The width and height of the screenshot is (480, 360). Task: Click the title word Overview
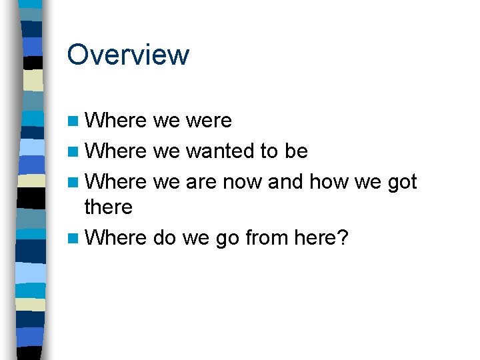128,55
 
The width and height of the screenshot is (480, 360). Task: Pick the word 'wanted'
220,151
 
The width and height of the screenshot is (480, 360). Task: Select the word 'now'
243,181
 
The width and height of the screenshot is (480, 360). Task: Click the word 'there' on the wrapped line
109,207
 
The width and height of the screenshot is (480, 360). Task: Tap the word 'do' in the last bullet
164,238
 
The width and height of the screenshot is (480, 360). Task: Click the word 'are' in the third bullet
201,181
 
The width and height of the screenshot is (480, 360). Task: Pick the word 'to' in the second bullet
269,151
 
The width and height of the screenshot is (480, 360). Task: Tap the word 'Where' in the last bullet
115,238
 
